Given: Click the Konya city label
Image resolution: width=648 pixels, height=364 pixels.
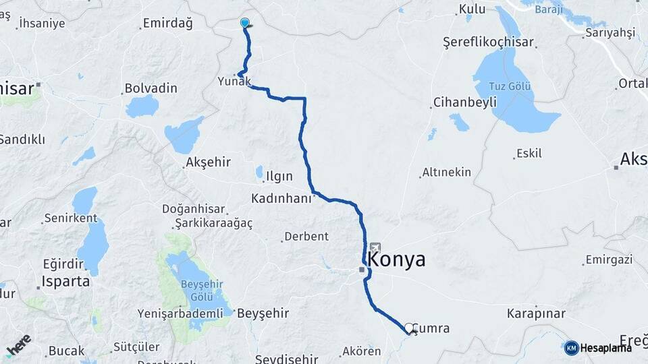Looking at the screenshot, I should coord(398,260).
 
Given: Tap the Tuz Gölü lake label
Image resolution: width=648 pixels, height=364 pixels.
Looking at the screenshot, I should coord(511,86).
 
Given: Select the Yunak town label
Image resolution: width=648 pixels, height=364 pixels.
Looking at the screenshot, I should coord(234,82).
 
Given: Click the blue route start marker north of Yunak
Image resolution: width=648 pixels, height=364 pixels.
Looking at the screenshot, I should coord(244,23).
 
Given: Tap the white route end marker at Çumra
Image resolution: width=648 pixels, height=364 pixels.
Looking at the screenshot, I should coord(408,328).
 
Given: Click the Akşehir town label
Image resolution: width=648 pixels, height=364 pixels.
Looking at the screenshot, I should coord(208,162).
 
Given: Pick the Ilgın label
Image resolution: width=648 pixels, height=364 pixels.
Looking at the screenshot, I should coord(280,177).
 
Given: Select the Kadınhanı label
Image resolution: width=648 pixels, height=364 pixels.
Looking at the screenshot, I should coord(281,199).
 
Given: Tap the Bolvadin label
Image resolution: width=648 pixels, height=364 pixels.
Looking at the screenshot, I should coord(151,88).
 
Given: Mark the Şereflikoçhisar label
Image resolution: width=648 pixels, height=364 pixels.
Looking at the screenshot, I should coord(488,42).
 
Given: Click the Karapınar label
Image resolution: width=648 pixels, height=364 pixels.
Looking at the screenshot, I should coord(536,313).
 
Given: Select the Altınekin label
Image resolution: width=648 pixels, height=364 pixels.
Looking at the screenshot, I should coord(447,173).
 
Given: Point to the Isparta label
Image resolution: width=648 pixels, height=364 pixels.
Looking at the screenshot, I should coord(66,281).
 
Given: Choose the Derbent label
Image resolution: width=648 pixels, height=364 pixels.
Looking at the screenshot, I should coord(306,237).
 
